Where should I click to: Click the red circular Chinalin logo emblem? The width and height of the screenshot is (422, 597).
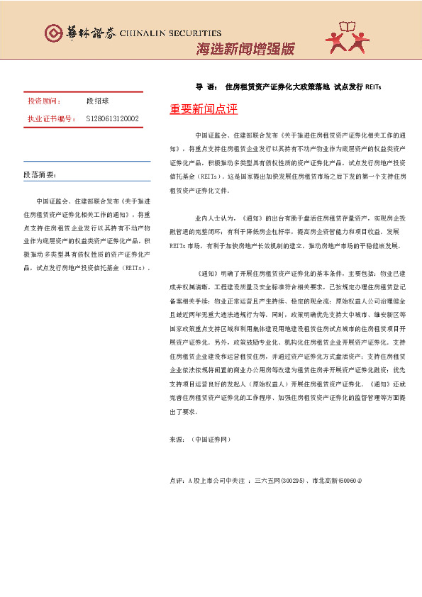point(53,33)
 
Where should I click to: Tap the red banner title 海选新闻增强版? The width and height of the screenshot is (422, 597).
point(245,49)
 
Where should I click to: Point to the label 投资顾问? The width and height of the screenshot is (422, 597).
point(44,102)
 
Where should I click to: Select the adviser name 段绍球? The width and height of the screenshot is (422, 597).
point(99,102)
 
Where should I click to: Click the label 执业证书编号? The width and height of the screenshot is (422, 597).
point(51,118)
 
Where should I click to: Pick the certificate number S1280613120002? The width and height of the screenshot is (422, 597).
point(112,118)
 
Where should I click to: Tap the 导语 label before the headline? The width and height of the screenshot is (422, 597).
point(206,88)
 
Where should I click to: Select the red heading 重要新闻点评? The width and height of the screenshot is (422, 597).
point(204,109)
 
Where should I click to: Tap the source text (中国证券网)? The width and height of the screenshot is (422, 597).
point(211,440)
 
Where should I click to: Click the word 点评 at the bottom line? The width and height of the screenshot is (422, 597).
point(177,481)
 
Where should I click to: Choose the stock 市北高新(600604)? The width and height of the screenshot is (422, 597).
point(337,481)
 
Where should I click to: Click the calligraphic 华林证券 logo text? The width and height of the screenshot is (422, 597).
point(84,33)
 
